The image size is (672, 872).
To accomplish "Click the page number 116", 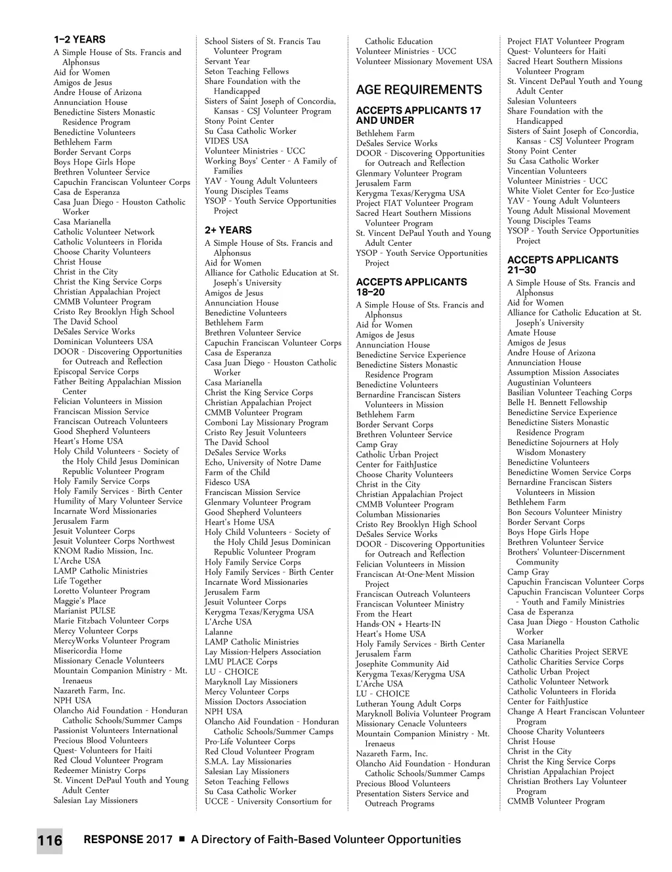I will pyautogui.click(x=49, y=841).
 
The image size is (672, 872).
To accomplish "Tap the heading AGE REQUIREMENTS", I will pyautogui.click(x=419, y=90).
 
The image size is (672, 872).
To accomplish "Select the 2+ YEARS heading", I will pyautogui.click(x=228, y=230).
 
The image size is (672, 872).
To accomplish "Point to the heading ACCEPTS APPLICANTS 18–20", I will pyautogui.click(x=411, y=287).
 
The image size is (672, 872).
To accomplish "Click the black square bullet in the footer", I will pyautogui.click(x=182, y=840).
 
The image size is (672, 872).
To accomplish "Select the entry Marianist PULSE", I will pyautogui.click(x=84, y=610).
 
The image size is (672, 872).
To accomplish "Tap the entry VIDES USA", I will pyautogui.click(x=226, y=141).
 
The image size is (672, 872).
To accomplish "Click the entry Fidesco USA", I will pyautogui.click(x=227, y=482).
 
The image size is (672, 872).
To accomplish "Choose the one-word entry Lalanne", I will pyautogui.click(x=219, y=632).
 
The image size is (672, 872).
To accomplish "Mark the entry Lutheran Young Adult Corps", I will pyautogui.click(x=408, y=704).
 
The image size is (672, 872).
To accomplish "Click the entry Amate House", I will pyautogui.click(x=531, y=332).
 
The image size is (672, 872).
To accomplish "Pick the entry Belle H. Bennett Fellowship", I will pyautogui.click(x=557, y=403).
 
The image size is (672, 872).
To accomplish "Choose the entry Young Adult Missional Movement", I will pyautogui.click(x=568, y=211).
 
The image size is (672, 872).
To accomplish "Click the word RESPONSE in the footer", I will pyautogui.click(x=113, y=840).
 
